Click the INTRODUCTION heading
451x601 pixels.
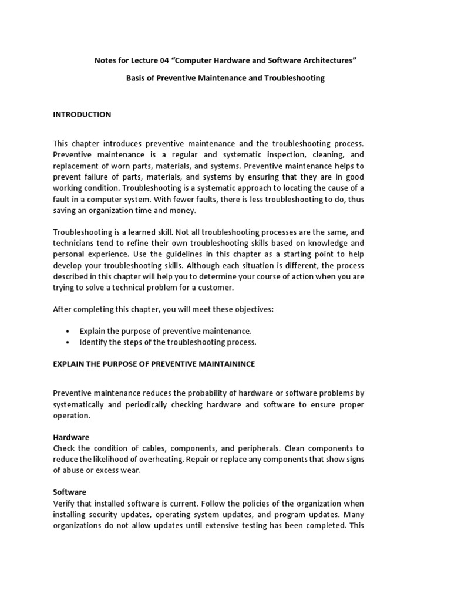pos(82,114)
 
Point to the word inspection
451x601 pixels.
pos(286,154)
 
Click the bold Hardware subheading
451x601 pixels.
pos(70,437)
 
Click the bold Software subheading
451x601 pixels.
pos(69,492)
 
